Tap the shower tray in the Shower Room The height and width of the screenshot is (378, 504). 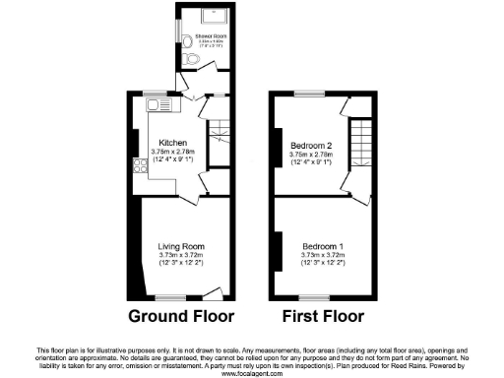214,17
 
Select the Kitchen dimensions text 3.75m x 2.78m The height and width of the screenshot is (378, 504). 173,151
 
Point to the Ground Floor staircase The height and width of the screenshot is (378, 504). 220,127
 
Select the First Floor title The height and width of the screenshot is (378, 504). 322,317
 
